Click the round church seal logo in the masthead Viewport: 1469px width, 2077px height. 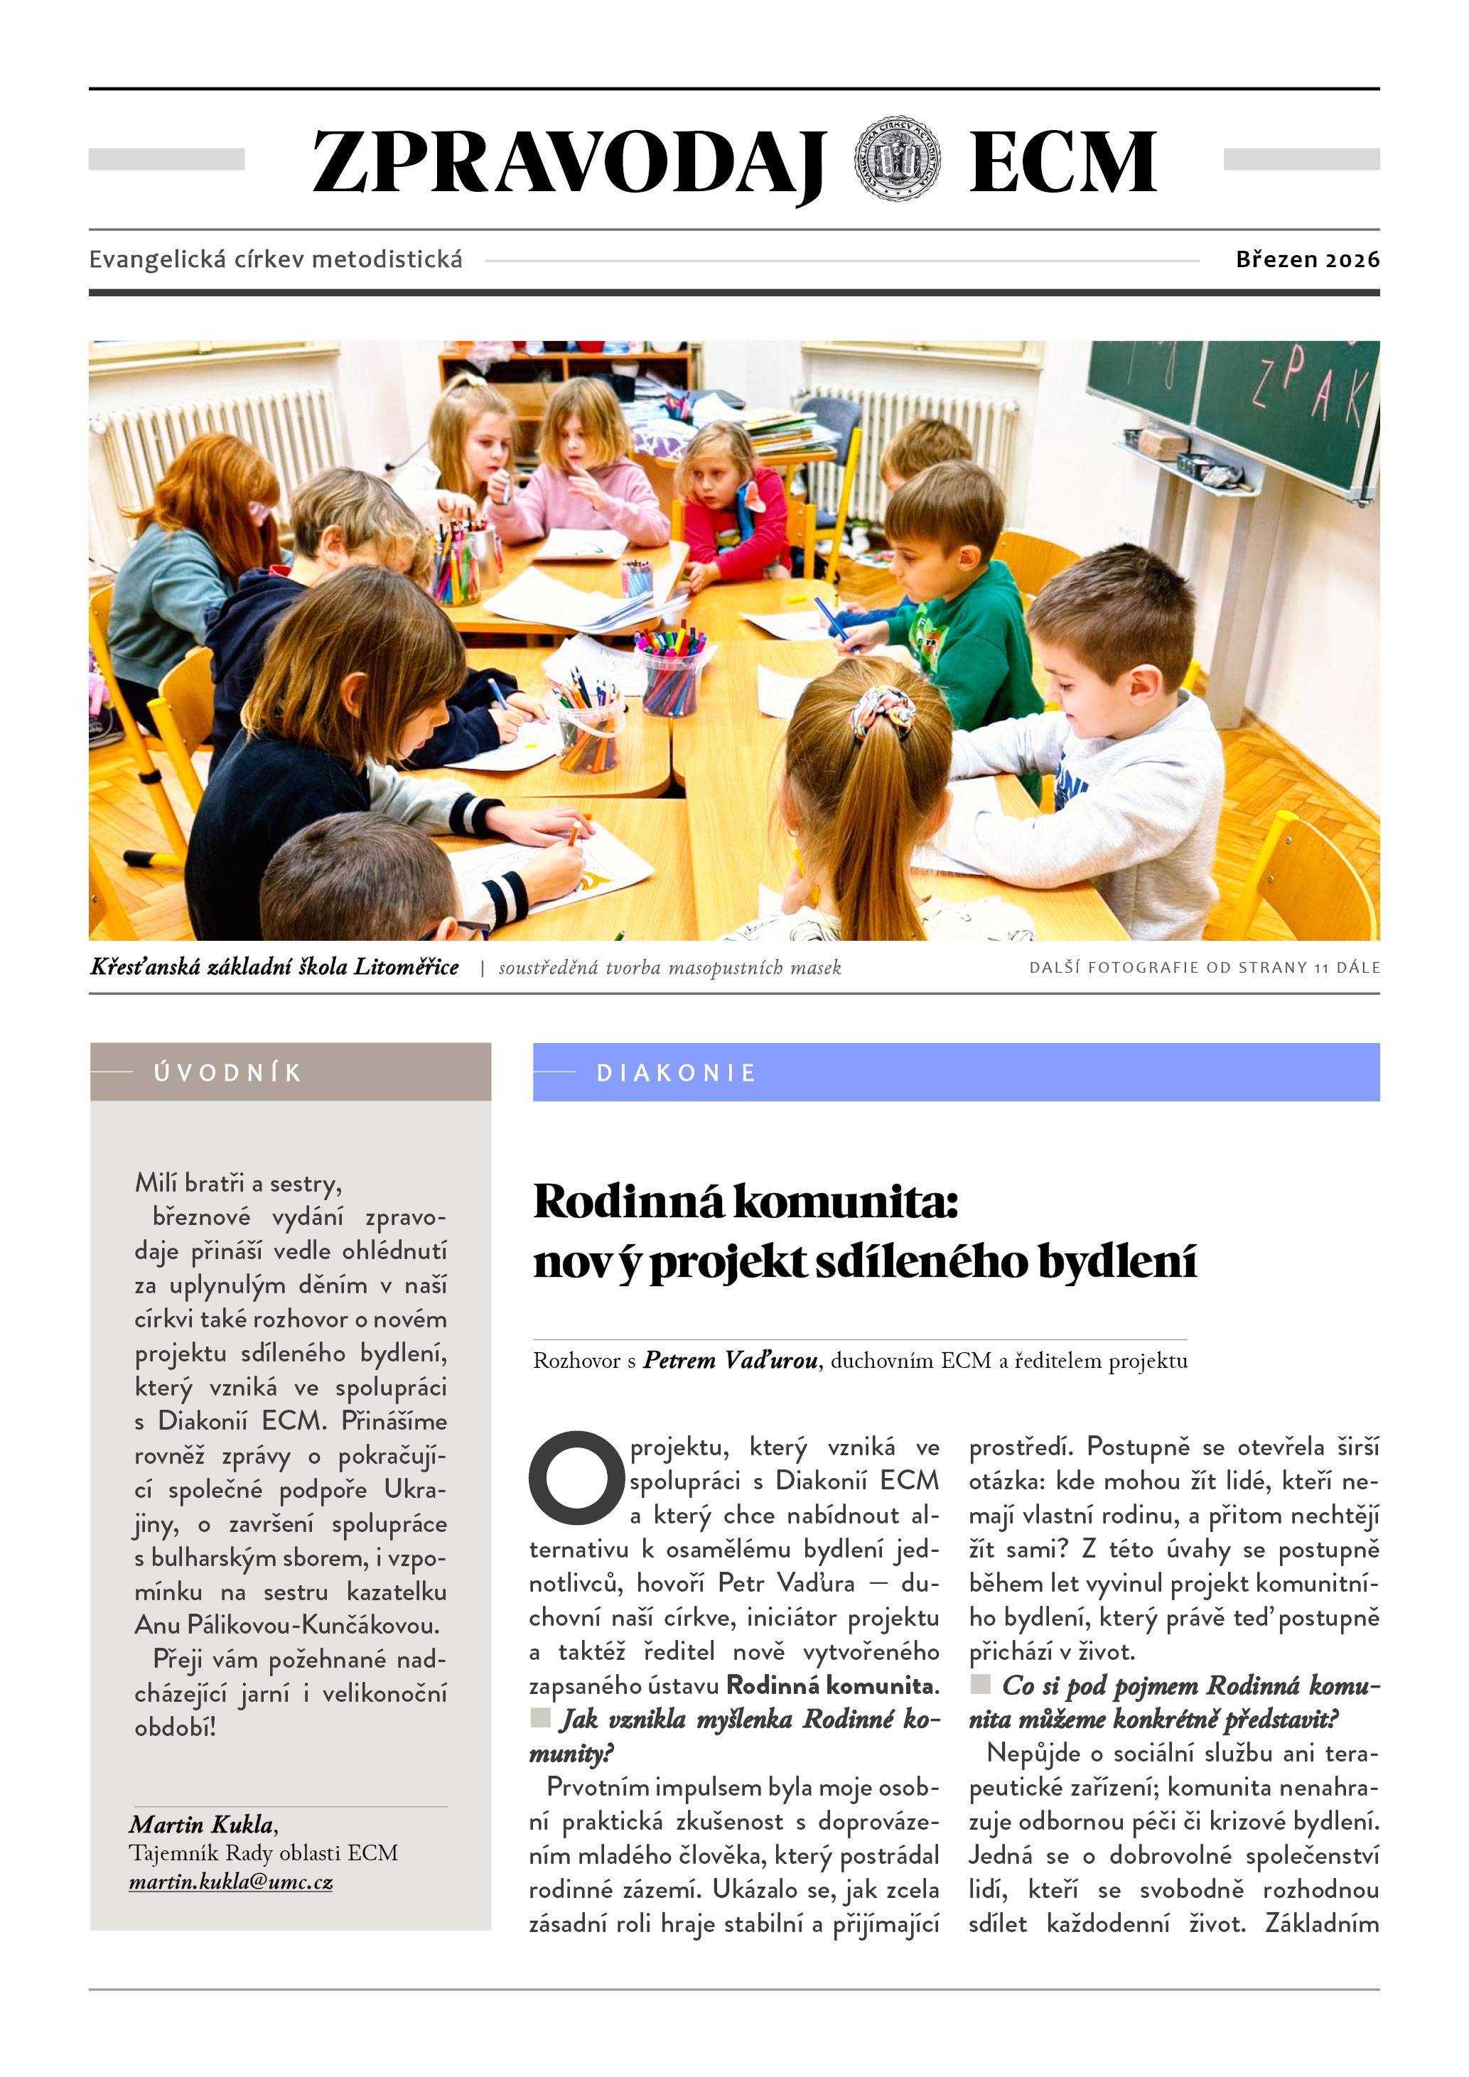click(x=898, y=159)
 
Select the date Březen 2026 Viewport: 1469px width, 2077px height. click(x=1307, y=259)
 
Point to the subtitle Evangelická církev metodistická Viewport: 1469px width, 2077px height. click(x=275, y=259)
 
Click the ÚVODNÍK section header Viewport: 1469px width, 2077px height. click(x=228, y=1073)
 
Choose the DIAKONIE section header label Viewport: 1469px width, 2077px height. click(x=676, y=1073)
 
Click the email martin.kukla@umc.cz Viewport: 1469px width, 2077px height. click(x=231, y=1882)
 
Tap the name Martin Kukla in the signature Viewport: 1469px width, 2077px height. click(x=202, y=1824)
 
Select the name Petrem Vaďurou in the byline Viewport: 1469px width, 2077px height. click(x=730, y=1361)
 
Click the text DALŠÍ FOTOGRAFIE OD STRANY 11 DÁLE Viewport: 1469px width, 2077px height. click(x=1204, y=967)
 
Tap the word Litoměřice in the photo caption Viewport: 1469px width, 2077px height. click(x=405, y=967)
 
